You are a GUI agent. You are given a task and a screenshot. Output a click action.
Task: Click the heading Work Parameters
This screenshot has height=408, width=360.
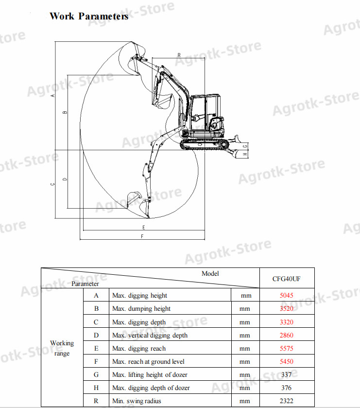pyautogui.click(x=89, y=16)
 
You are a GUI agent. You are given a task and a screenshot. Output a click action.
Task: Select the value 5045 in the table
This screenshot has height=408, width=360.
pyautogui.click(x=287, y=295)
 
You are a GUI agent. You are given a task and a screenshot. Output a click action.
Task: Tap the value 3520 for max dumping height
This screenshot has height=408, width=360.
pyautogui.click(x=287, y=308)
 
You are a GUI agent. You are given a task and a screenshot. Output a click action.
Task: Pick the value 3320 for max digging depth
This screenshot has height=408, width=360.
pyautogui.click(x=287, y=322)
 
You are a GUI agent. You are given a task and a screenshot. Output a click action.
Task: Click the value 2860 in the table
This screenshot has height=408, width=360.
pyautogui.click(x=287, y=335)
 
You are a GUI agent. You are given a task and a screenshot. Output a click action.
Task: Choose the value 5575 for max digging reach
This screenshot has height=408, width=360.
pyautogui.click(x=287, y=348)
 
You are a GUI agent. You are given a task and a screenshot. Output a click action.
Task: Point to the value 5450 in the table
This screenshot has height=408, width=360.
pyautogui.click(x=287, y=361)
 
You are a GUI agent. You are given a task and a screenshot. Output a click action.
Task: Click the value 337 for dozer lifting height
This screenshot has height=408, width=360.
pyautogui.click(x=287, y=374)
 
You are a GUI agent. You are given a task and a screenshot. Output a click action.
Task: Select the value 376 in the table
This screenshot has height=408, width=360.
pyautogui.click(x=287, y=388)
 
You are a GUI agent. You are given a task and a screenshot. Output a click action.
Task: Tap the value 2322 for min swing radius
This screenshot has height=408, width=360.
pyautogui.click(x=287, y=401)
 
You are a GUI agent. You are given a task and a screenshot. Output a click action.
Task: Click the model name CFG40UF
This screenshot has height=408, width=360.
pyautogui.click(x=287, y=279)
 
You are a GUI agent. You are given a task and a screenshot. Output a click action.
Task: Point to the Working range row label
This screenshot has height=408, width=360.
pyautogui.click(x=62, y=348)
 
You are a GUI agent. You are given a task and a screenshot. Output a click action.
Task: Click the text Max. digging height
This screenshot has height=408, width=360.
pyautogui.click(x=139, y=295)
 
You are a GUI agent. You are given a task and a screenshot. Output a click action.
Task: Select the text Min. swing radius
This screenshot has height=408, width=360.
pyautogui.click(x=137, y=401)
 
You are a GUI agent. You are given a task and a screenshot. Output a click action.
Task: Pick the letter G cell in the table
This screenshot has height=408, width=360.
pyautogui.click(x=96, y=374)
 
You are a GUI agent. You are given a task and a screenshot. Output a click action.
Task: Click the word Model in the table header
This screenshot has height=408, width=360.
pyautogui.click(x=210, y=274)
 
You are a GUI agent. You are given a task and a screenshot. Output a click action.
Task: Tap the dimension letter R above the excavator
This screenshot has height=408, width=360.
pyautogui.click(x=179, y=55)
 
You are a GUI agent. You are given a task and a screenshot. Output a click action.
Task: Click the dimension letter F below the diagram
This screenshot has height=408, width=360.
pyautogui.click(x=142, y=236)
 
